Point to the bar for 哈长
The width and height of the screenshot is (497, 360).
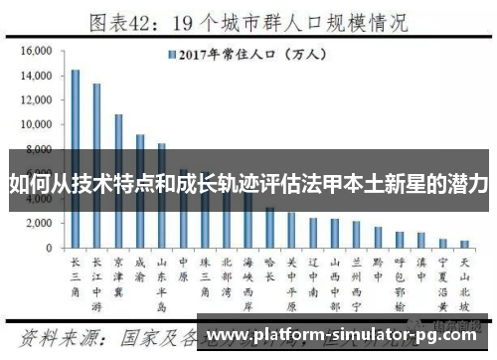[x=269, y=227]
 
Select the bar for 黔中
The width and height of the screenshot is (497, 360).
[x=378, y=237]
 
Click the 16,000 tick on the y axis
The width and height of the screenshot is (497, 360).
[x=36, y=51]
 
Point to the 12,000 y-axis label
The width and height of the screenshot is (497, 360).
[x=36, y=100]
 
